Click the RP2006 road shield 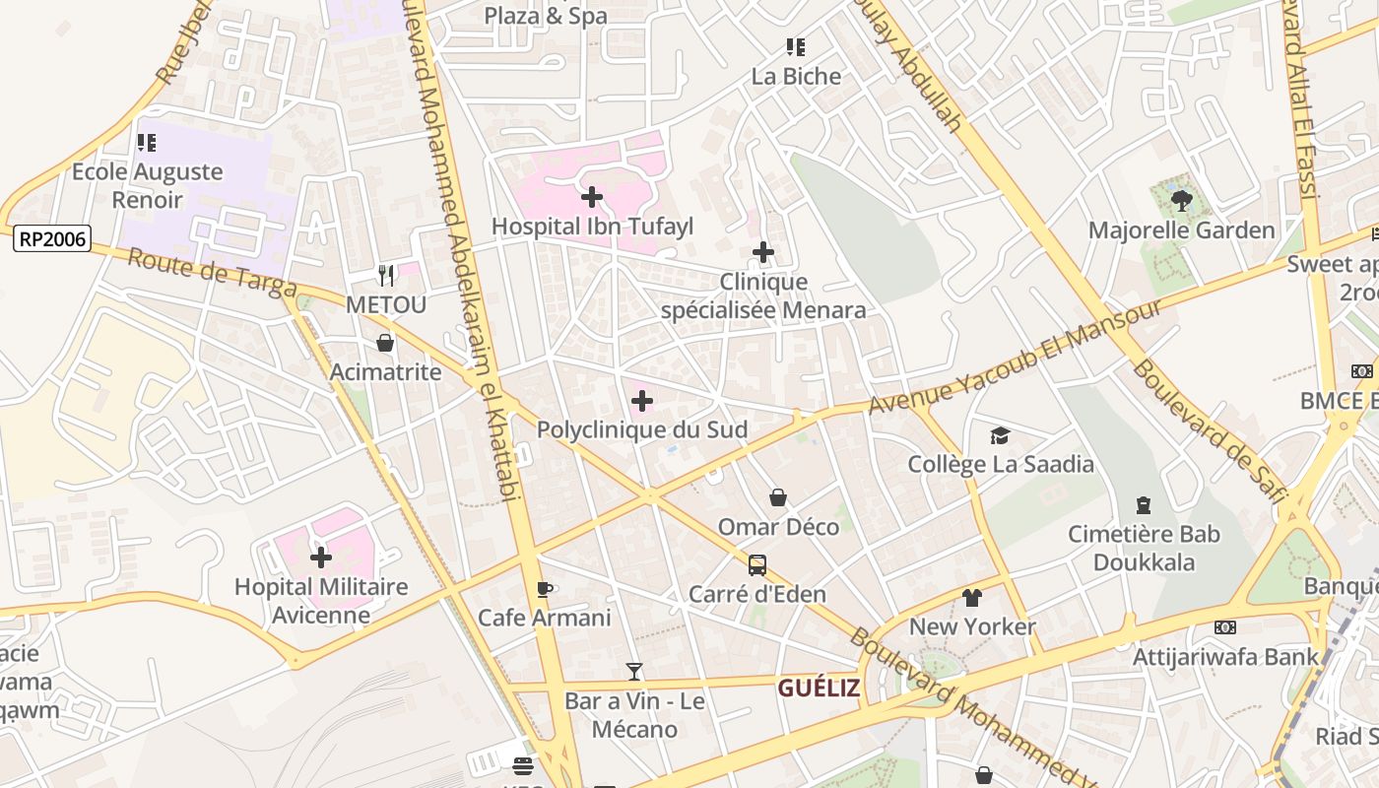point(52,237)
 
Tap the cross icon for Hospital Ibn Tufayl point(592,197)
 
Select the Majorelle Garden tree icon point(1181,201)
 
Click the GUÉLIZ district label point(819,688)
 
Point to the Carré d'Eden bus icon point(756,565)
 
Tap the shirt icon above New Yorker point(972,597)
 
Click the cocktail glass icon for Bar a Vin point(634,672)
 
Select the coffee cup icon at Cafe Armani point(544,589)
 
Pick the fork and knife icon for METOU point(386,276)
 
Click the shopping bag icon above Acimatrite point(385,343)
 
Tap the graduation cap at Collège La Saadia point(1000,434)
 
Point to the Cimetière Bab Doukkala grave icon point(1144,505)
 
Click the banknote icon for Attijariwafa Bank point(1225,627)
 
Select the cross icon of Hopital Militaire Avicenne point(321,558)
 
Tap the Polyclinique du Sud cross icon point(641,401)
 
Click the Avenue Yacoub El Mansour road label point(1015,359)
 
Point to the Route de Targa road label point(212,273)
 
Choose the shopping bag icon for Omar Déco point(778,497)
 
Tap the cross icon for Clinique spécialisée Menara point(763,253)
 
